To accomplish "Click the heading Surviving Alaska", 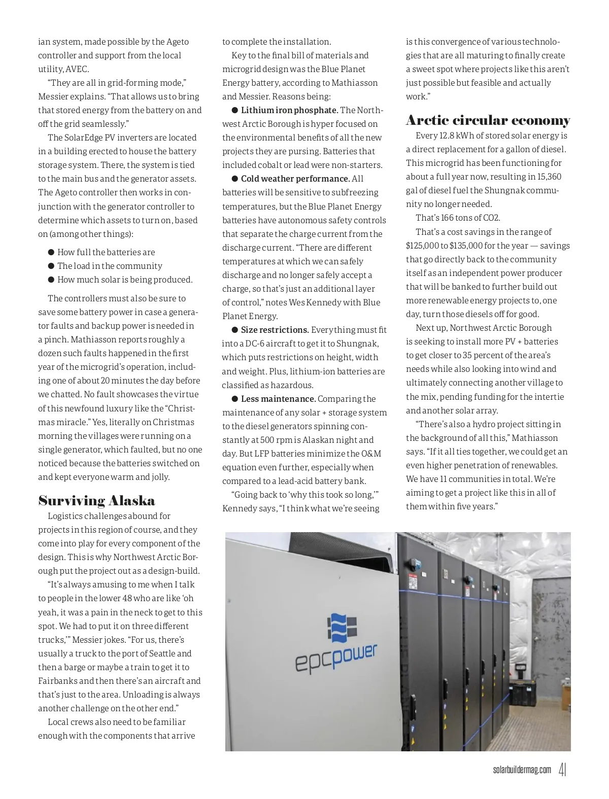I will pos(96,501).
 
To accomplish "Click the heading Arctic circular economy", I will pos(488,120).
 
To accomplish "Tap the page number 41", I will pos(562,770).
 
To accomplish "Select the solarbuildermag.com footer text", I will pos(522,770).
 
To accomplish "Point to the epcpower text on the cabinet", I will pos(336,658).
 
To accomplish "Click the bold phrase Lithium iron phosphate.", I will pos(289,110).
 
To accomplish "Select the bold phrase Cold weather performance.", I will pos(295,179).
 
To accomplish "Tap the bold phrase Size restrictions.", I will pos(275,330).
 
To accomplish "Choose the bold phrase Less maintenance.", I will pos(278,399).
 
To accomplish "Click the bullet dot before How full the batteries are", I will pos(51,252).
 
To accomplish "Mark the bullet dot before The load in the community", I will pos(51,266).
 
